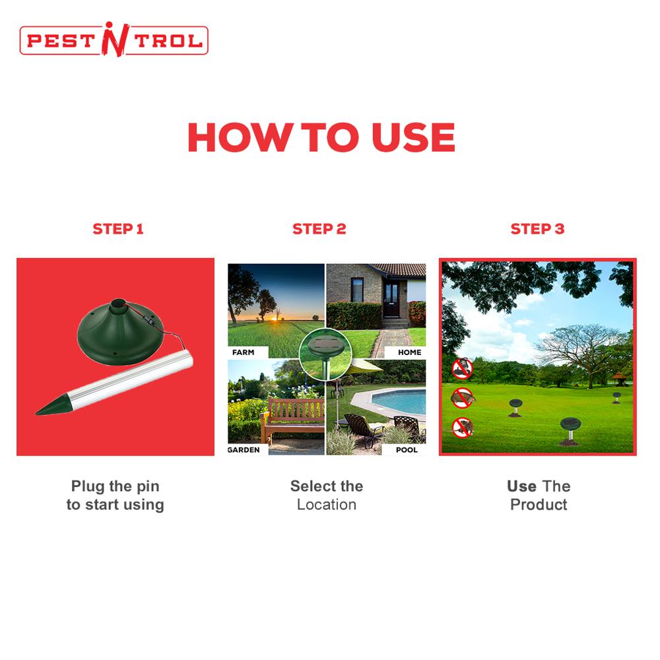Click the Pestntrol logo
pos(114,40)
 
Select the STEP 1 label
pos(117,229)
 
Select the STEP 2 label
pos(319,229)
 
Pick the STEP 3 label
pos(537,229)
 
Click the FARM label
pos(243,352)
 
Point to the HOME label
pos(409,352)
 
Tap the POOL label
pos(407,450)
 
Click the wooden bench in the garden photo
pos(296,416)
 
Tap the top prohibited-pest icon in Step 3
pos(463,368)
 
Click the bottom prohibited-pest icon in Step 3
pos(462,426)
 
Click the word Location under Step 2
pos(326,505)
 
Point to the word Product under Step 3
pos(539,505)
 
